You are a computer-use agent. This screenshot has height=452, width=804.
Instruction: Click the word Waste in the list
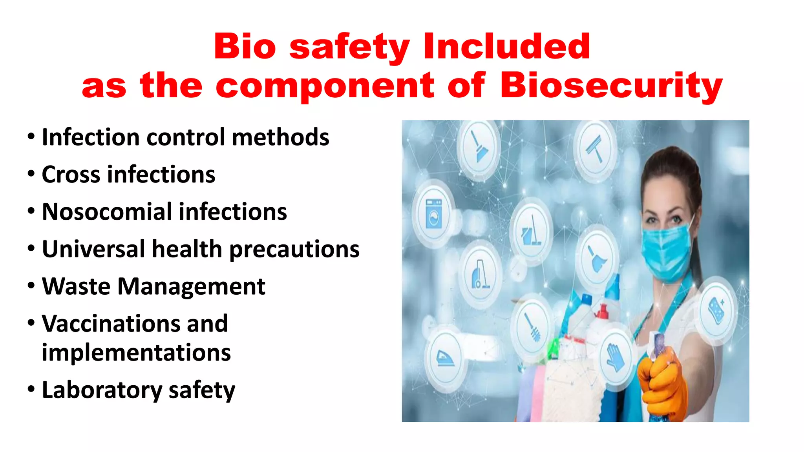point(76,286)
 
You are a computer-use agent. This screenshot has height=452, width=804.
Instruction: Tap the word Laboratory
point(102,390)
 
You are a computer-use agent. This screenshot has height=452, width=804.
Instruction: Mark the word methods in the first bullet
point(280,137)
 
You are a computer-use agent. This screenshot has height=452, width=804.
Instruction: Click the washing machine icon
point(434,214)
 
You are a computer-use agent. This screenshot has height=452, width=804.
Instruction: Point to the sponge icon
point(717,310)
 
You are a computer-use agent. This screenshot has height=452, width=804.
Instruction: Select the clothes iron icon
point(446,357)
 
